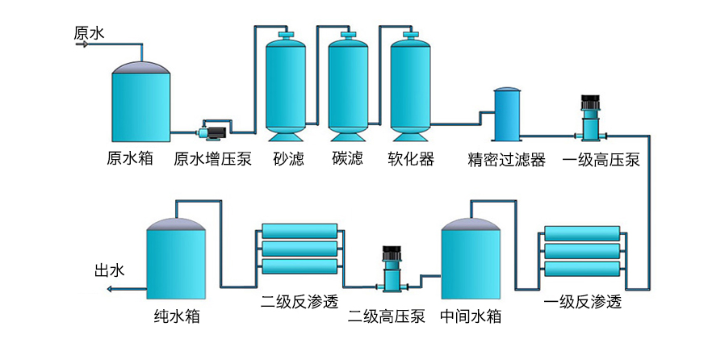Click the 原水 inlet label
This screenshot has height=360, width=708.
89,33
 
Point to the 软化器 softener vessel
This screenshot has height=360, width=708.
411,85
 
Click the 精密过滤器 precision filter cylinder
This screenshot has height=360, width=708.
507,115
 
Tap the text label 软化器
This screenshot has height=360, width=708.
411,159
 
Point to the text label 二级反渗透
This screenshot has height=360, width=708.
299,303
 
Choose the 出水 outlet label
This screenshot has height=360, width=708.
110,271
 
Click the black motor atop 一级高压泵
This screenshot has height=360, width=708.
589,104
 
